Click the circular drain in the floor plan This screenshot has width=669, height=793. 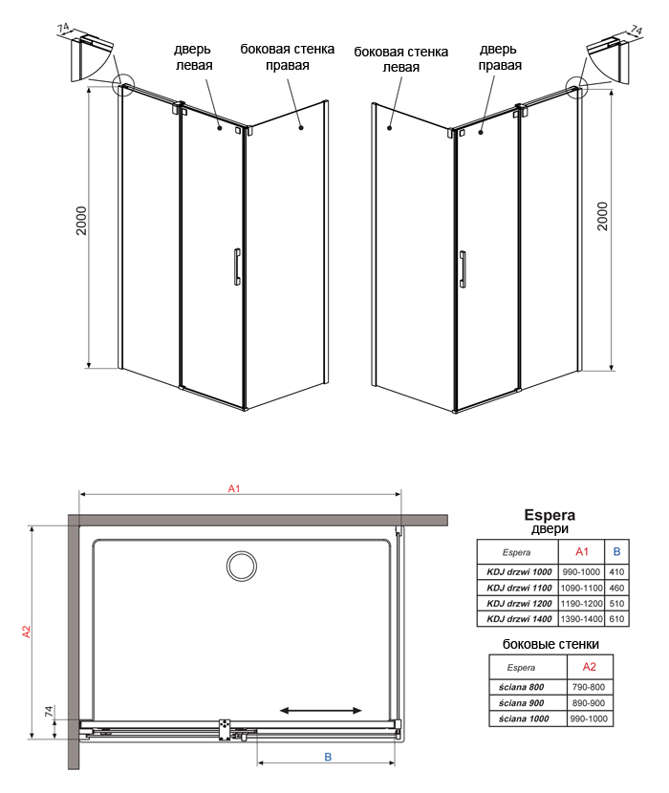(x=242, y=567)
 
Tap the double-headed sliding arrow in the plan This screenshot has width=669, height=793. (x=321, y=710)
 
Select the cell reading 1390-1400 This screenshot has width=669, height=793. (x=581, y=618)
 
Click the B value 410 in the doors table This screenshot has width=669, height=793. (x=616, y=572)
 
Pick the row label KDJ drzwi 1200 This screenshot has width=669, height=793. (x=519, y=603)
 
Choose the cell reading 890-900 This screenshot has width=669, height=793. (x=589, y=702)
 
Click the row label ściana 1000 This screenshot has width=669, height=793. (x=524, y=718)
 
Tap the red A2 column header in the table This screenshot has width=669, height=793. (x=589, y=667)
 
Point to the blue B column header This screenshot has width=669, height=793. (x=616, y=551)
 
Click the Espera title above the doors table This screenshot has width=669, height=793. (x=550, y=515)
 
